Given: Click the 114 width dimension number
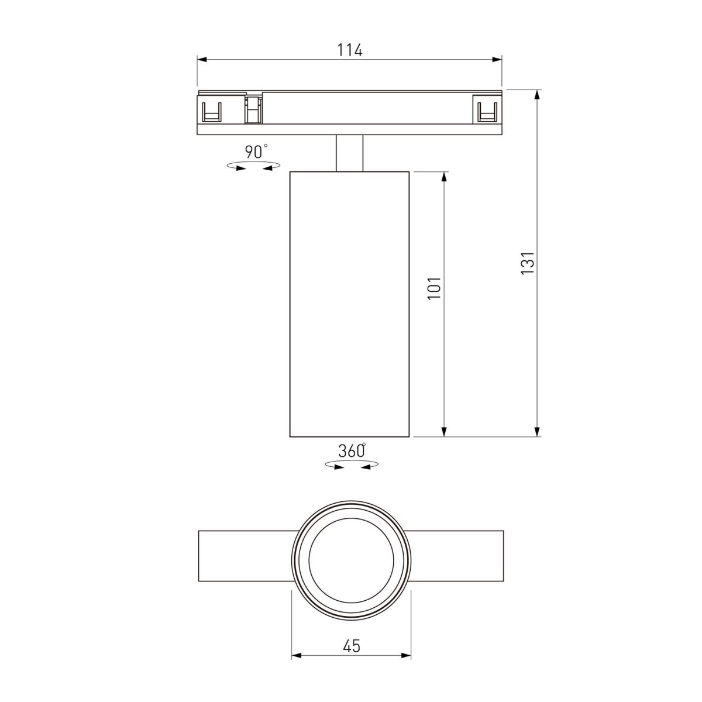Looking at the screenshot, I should coord(349,50).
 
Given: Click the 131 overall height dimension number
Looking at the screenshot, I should coord(528,263).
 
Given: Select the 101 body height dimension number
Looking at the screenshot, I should coord(435,288).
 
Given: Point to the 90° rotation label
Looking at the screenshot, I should coord(256,152).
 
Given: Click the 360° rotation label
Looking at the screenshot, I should coord(352,451).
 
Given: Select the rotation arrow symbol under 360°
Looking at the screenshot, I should coord(351,466).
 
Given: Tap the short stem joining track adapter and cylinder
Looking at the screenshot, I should coord(349,153).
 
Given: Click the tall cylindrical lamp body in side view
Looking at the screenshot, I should coord(349,304).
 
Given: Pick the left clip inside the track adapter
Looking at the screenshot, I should coord(211,111).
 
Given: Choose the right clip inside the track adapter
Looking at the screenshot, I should coord(487,111).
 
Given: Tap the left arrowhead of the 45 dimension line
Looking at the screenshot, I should coord(297,656).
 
